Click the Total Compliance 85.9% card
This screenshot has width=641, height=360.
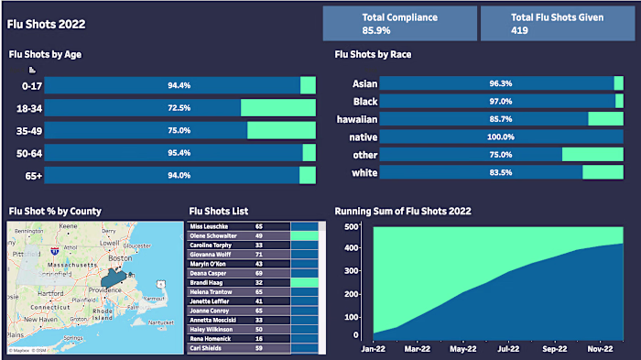coord(399,24)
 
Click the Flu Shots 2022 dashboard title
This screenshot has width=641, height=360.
coord(42,24)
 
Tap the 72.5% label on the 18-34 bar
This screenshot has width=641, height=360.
coord(179,108)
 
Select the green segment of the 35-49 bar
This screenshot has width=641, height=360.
coord(281,130)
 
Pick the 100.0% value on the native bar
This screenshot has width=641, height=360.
coord(500,136)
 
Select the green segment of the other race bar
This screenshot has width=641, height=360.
coord(592,155)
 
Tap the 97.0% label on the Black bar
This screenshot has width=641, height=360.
coord(500,101)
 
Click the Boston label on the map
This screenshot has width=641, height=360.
coord(116,259)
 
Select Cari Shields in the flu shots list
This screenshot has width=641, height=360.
coord(209,348)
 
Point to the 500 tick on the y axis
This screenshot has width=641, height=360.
coord(351,226)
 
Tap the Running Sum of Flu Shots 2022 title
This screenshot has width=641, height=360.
coord(403,211)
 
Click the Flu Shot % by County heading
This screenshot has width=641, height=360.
coord(55,211)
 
